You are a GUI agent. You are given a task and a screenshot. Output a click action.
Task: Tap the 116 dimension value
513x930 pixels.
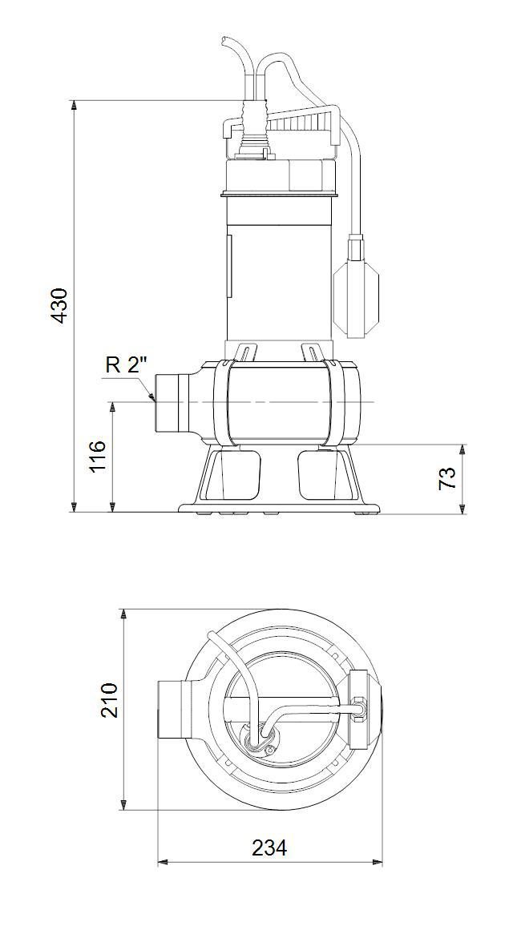[x=97, y=456]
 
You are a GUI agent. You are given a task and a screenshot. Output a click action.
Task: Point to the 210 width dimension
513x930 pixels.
[x=109, y=700]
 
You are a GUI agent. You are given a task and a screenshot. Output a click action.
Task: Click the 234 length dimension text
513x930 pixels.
[x=269, y=847]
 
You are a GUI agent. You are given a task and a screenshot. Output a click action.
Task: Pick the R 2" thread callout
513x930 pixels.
[x=127, y=366]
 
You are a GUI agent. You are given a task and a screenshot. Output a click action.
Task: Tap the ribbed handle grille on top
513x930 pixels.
[x=301, y=123]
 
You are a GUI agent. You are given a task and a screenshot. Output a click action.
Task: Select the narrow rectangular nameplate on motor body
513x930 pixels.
[x=228, y=264]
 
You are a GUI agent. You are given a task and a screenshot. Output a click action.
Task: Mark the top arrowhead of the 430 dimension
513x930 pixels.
[x=74, y=105]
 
